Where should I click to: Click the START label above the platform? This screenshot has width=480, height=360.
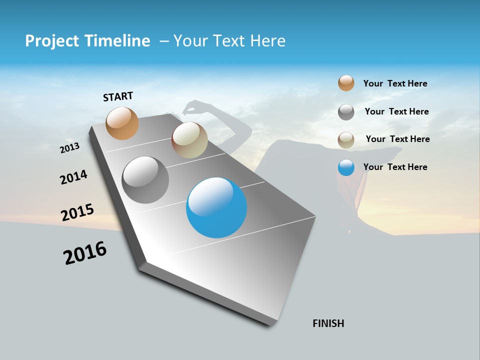(118, 96)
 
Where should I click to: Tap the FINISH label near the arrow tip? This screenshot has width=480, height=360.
(328, 323)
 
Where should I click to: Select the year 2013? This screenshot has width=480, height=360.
(70, 147)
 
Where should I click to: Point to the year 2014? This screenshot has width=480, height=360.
(74, 177)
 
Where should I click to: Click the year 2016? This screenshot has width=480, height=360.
(85, 253)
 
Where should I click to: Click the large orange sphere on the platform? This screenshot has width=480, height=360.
(122, 123)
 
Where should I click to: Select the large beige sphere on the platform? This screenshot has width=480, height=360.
(189, 140)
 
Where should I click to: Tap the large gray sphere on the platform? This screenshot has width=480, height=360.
(145, 180)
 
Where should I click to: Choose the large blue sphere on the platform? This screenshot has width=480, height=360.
(216, 207)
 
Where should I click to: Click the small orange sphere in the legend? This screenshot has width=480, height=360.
(346, 83)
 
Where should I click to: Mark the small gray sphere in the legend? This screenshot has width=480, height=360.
(346, 112)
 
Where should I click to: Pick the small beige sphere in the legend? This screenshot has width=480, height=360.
(346, 140)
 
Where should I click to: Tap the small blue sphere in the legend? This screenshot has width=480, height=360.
(346, 167)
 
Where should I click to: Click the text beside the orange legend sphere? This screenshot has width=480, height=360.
(395, 84)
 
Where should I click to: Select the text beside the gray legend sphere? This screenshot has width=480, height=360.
(396, 111)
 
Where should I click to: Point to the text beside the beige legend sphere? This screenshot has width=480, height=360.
(397, 139)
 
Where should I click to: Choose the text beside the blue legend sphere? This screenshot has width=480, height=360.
(395, 167)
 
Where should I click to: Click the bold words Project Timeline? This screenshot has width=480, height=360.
(87, 41)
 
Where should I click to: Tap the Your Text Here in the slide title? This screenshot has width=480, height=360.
(229, 41)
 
